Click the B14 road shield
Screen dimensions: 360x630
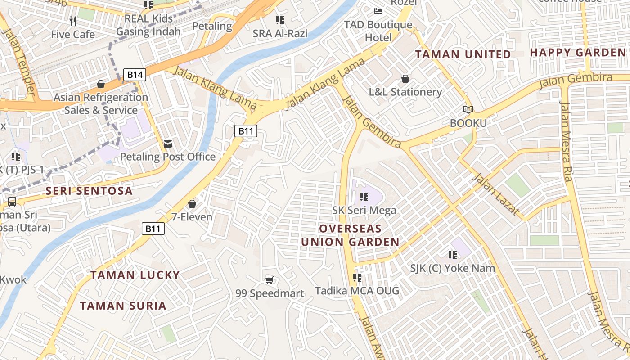135,75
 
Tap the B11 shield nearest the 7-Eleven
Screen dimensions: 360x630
153,229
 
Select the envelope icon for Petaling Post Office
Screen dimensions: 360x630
168,144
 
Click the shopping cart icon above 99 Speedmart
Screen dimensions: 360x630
270,280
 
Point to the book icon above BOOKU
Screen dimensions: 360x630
468,109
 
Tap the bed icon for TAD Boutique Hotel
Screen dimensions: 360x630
378,11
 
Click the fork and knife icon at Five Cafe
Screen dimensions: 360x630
73,21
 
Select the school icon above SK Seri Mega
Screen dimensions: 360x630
364,197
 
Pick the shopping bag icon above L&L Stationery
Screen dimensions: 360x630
405,79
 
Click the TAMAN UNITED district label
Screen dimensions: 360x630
463,55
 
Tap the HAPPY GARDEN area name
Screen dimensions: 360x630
578,53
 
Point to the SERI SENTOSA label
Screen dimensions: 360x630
89,191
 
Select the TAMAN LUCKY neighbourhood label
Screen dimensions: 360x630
135,275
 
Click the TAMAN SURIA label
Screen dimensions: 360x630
123,306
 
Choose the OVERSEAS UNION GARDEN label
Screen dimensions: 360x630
350,235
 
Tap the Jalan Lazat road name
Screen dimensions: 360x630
495,194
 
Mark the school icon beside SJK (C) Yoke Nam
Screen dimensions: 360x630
453,255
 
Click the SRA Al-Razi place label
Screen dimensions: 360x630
280,34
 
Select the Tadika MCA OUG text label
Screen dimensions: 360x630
357,291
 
